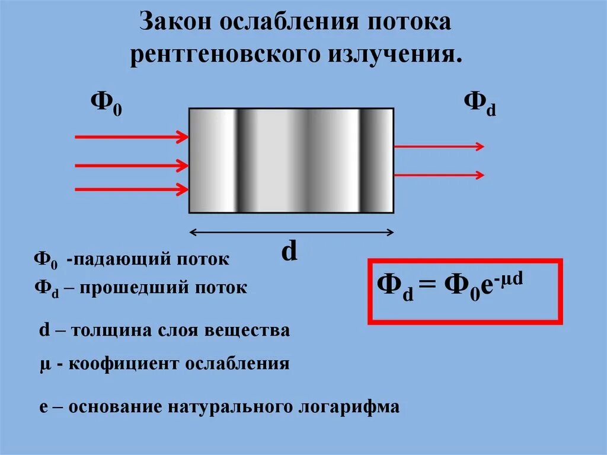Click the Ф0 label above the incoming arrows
coord(106,103)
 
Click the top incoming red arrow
coord(131,137)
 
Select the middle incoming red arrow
coord(131,164)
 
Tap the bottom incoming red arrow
coord(131,189)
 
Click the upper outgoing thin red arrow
coord(439,146)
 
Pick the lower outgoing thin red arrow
coord(439,175)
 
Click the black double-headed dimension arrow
coord(291,232)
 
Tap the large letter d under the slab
coord(289,252)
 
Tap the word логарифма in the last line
coord(349,408)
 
